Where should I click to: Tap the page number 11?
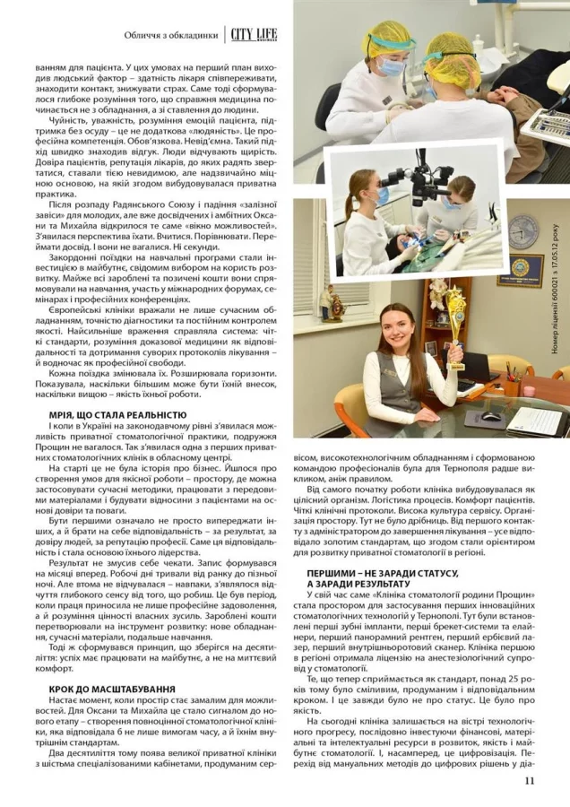point(530,780)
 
